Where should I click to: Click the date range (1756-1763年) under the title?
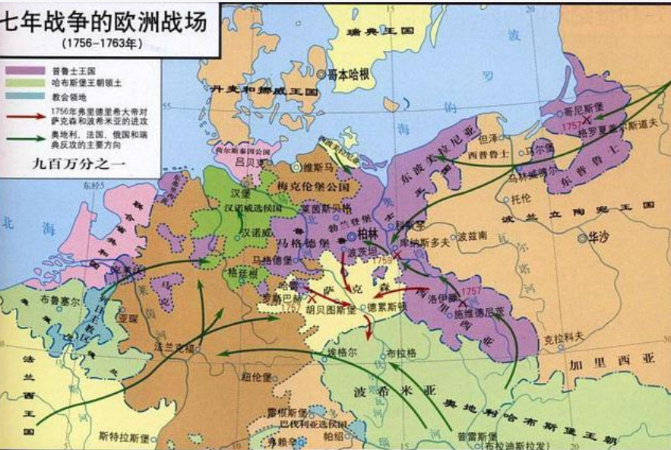pyautogui.click(x=103, y=43)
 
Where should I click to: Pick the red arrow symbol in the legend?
pyautogui.click(x=17, y=112)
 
